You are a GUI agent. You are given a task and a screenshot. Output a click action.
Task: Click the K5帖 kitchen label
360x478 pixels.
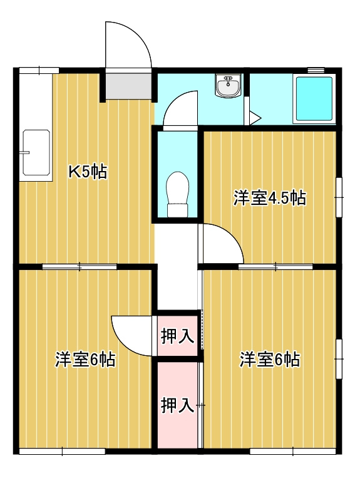click(x=88, y=172)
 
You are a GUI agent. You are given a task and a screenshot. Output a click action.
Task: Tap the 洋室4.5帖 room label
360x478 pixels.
click(x=269, y=199)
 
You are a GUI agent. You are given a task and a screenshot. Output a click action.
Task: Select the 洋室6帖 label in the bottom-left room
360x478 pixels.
click(x=85, y=360)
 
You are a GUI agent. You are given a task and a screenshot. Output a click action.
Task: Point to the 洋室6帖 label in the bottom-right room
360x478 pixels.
click(x=270, y=360)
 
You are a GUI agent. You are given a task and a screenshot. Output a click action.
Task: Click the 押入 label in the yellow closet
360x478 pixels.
click(x=177, y=336)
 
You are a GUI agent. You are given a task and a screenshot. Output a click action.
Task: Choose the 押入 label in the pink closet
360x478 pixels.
click(x=177, y=405)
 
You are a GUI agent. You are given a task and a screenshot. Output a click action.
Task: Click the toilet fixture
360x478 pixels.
click(x=177, y=194)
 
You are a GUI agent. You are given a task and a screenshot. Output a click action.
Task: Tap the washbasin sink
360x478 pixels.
click(x=227, y=86)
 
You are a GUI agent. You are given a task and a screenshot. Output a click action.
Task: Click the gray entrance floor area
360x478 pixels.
click(x=128, y=86)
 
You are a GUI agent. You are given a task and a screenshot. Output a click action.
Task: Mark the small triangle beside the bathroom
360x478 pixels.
click(x=253, y=117)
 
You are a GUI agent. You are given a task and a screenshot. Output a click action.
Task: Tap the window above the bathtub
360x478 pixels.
click(x=317, y=70)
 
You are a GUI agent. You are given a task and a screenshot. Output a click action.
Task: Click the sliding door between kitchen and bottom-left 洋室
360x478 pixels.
click(x=80, y=267)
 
